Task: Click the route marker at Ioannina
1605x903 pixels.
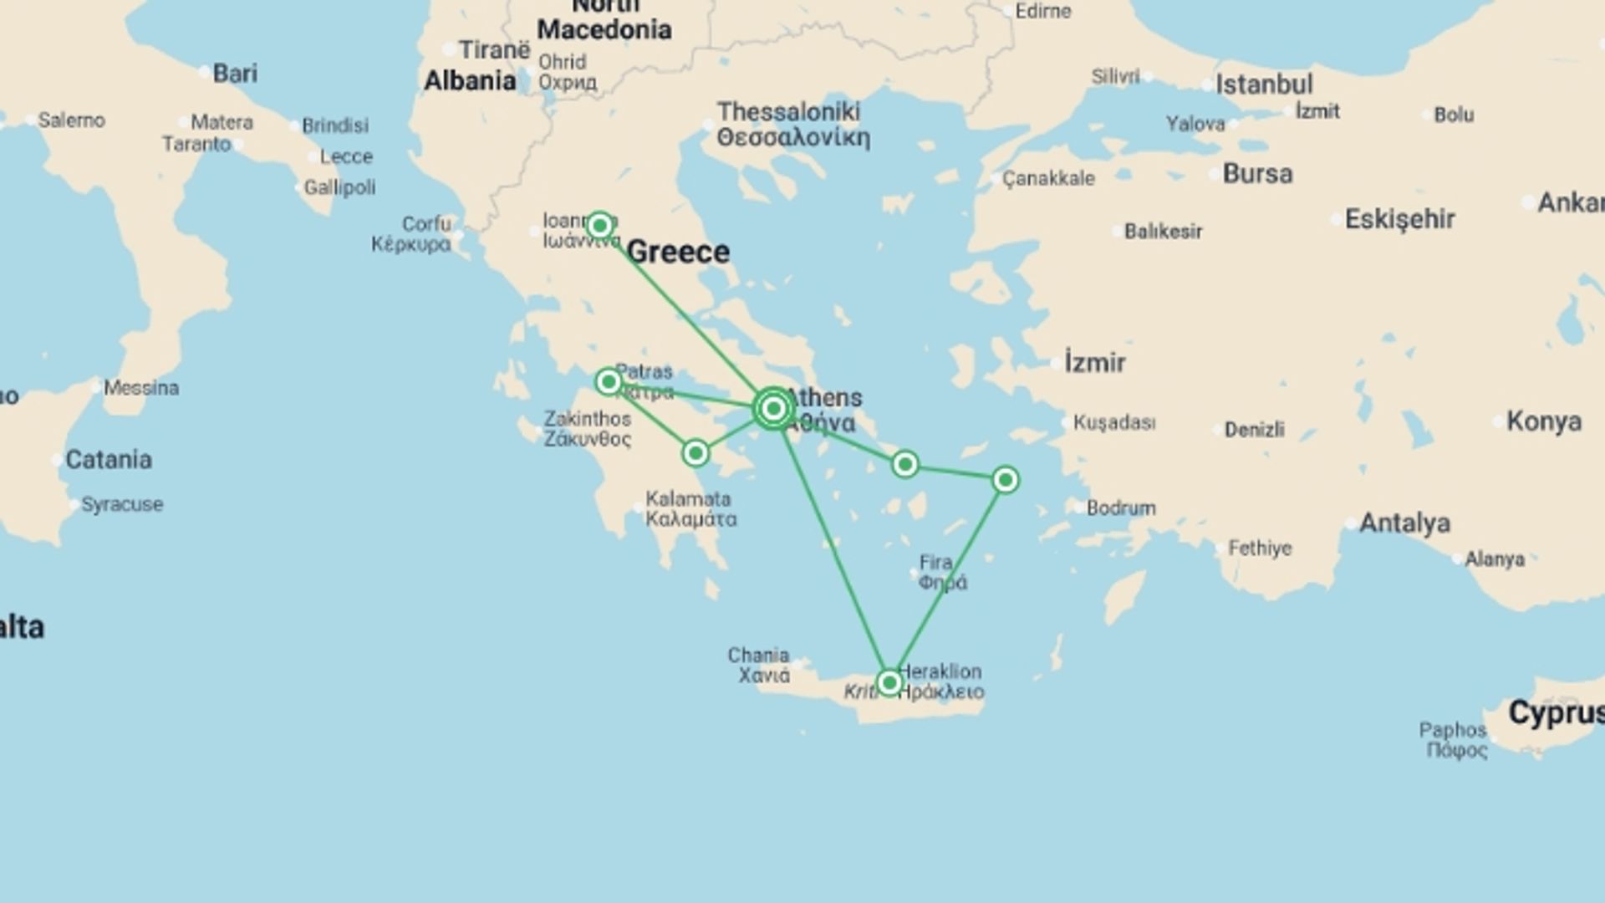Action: coord(599,226)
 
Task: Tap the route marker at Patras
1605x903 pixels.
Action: coord(609,382)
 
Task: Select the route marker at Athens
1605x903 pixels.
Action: coord(773,408)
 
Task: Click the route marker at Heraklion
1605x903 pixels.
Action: coord(889,683)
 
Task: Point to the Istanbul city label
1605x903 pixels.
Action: coord(1263,84)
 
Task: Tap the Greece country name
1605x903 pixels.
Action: coord(677,252)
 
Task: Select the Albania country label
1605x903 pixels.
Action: coord(470,81)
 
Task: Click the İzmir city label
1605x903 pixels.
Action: coord(1094,363)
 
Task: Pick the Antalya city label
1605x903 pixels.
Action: coord(1404,523)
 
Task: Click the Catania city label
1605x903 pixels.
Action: coord(109,460)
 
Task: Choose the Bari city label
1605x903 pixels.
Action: coord(235,74)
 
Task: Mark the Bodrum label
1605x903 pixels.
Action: coord(1121,508)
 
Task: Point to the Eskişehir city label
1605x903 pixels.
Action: coord(1399,220)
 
